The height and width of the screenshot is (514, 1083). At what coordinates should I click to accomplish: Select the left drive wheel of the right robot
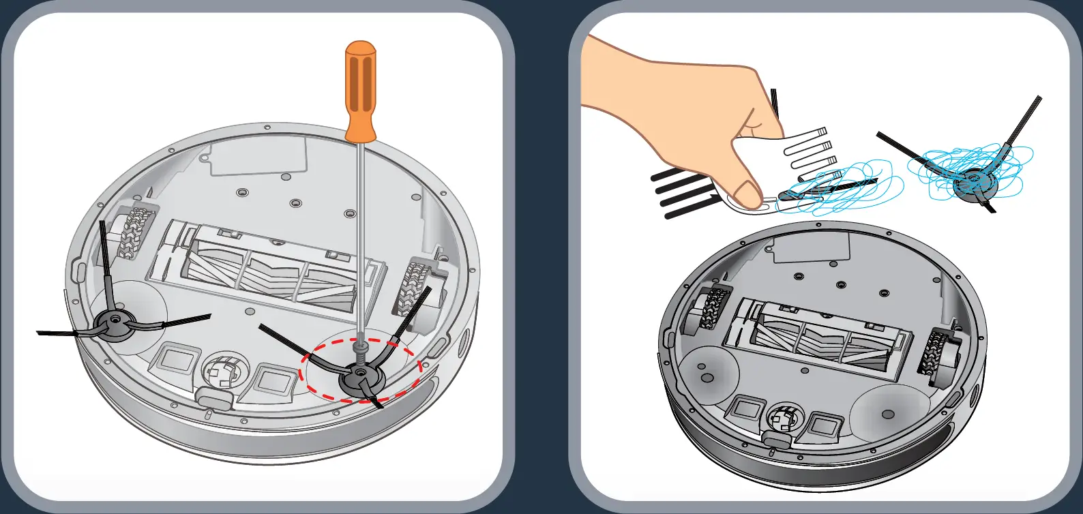[x=709, y=310]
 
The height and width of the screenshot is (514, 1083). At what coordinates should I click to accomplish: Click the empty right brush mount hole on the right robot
[x=887, y=414]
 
